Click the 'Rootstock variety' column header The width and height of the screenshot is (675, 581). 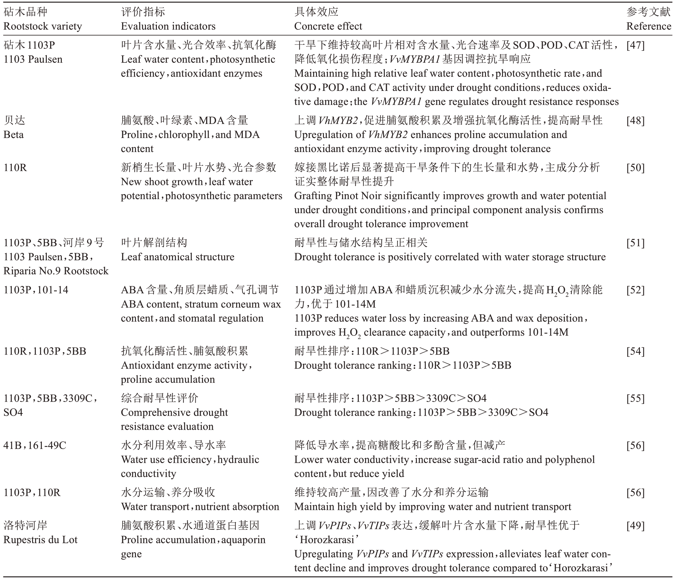pos(42,26)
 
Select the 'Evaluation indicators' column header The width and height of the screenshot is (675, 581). pos(168,26)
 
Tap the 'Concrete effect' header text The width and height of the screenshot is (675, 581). pos(328,26)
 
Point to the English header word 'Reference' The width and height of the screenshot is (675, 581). pos(648,26)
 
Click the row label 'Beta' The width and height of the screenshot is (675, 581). pos(13,135)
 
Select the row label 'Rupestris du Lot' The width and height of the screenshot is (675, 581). pos(40,540)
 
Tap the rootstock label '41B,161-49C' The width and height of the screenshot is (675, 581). pos(35,445)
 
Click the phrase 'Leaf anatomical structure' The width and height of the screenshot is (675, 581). pos(177,257)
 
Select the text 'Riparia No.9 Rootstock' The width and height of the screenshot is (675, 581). pos(56,271)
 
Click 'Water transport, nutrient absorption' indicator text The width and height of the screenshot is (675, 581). pos(200,506)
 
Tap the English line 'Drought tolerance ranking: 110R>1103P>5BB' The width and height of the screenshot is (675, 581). pos(402,365)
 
